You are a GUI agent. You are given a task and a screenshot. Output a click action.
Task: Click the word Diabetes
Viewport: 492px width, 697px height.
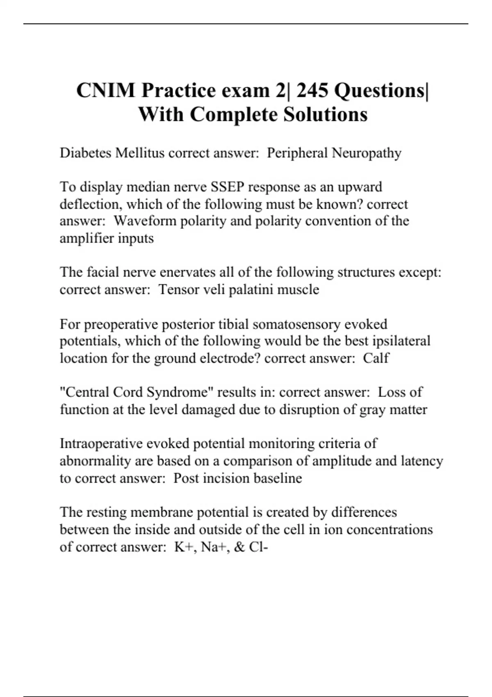click(x=85, y=153)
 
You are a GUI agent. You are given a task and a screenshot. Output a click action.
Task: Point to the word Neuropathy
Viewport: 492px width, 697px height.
click(x=367, y=153)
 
